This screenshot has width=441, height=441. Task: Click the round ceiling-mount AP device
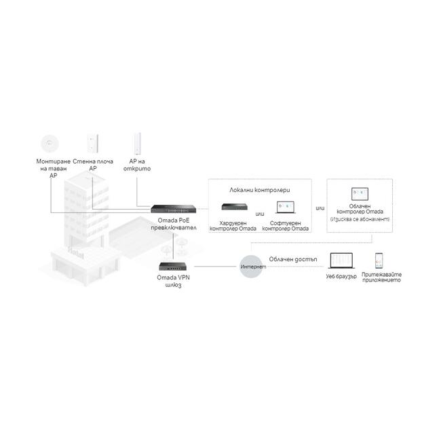tap(49, 142)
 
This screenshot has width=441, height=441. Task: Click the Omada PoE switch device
tap(173, 207)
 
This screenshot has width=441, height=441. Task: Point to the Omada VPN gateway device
tap(173, 266)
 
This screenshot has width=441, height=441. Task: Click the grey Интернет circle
tap(252, 267)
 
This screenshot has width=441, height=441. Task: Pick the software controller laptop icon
tap(284, 208)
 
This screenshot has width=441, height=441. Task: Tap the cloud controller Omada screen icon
tap(359, 195)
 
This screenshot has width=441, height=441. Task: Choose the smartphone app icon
tap(380, 262)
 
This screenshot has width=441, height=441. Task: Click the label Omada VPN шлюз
tap(173, 282)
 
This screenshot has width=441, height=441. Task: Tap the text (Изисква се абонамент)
tap(360, 220)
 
